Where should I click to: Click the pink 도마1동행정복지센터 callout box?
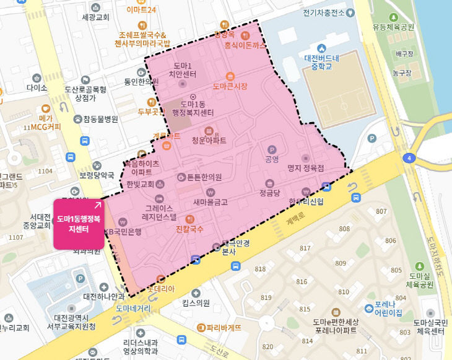(78, 224)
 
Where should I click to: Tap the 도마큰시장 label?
(230, 87)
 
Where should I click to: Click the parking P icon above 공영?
(271, 149)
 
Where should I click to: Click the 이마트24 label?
(141, 10)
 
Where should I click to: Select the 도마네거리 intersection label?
(133, 308)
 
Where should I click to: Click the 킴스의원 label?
(196, 303)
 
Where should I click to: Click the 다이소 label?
(37, 88)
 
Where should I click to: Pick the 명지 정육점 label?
(306, 168)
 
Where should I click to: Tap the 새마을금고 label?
(211, 202)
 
